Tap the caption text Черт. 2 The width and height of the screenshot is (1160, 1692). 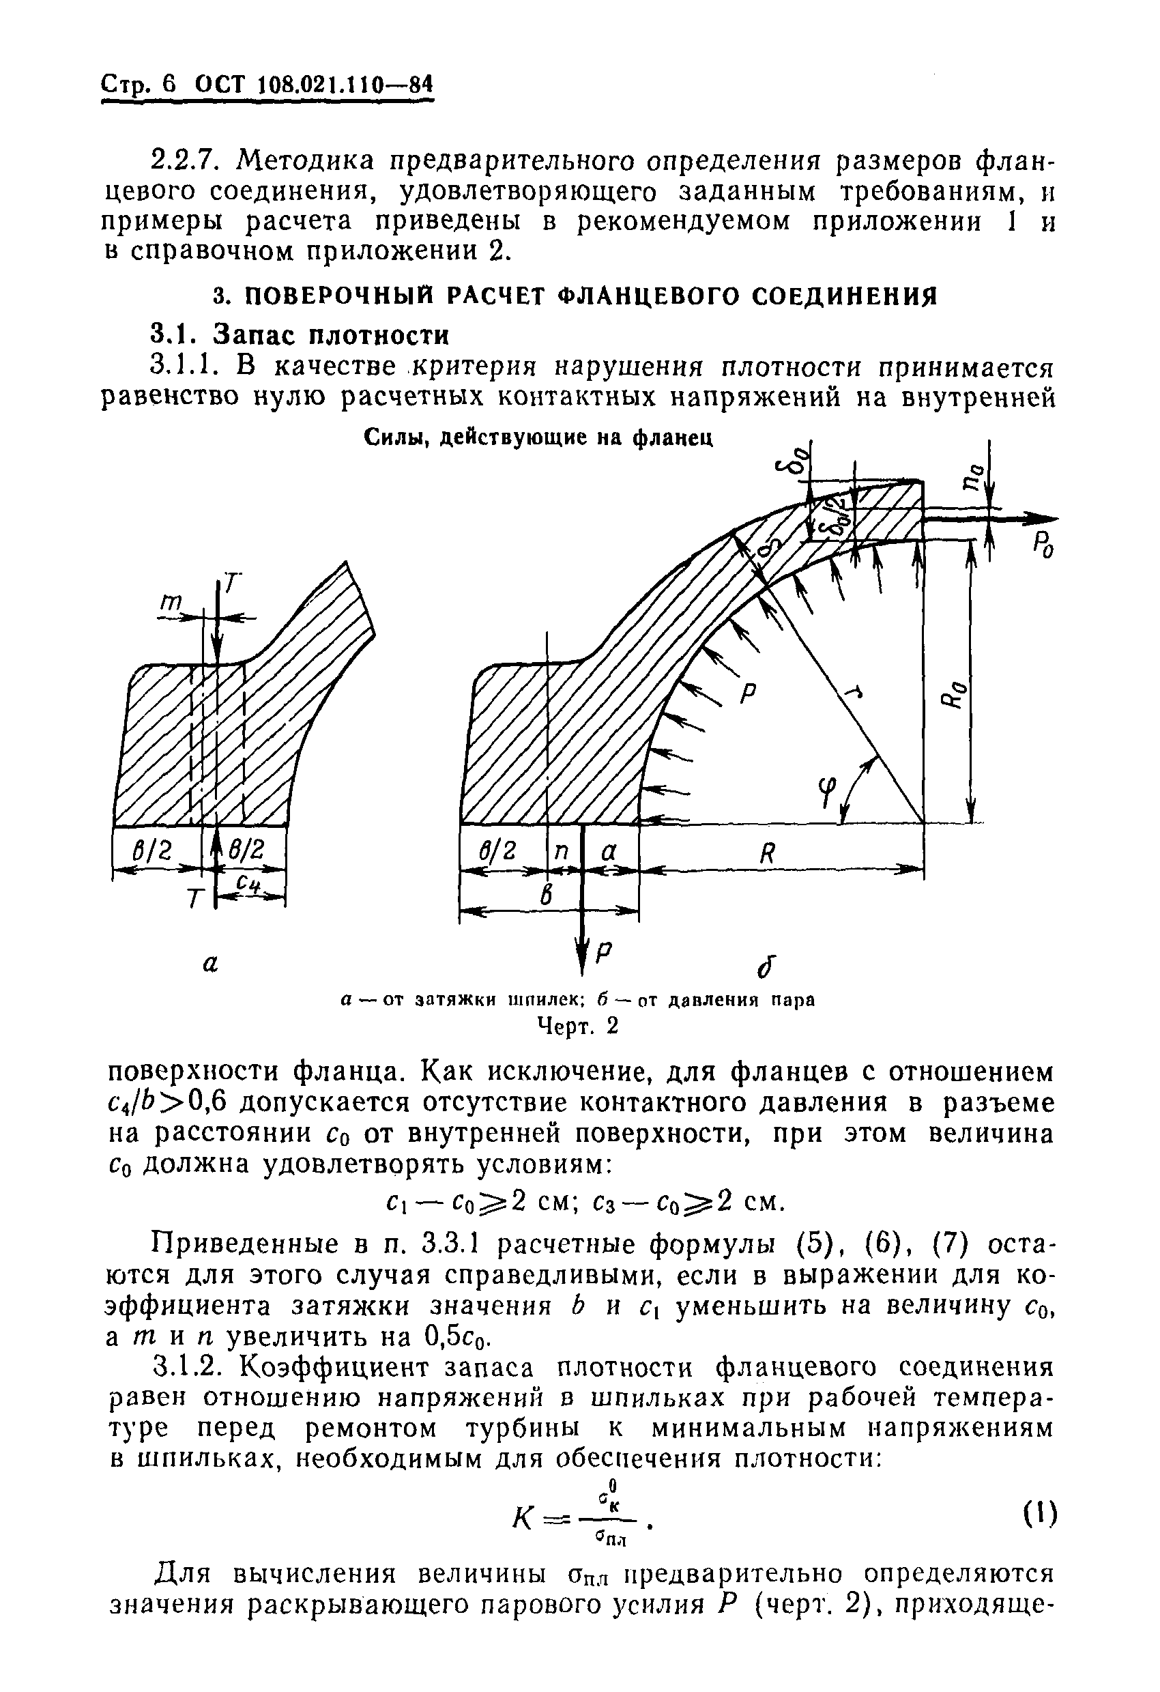(577, 1026)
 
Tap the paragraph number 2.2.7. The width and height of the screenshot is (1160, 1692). (188, 159)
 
